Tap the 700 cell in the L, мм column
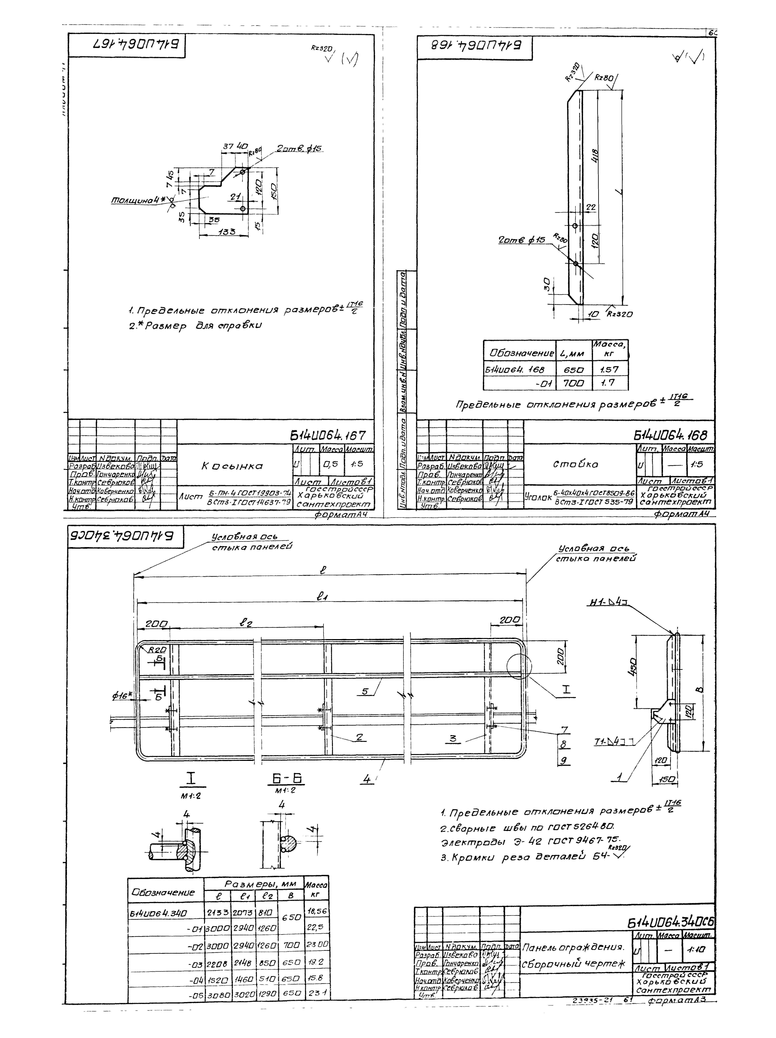(573, 383)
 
